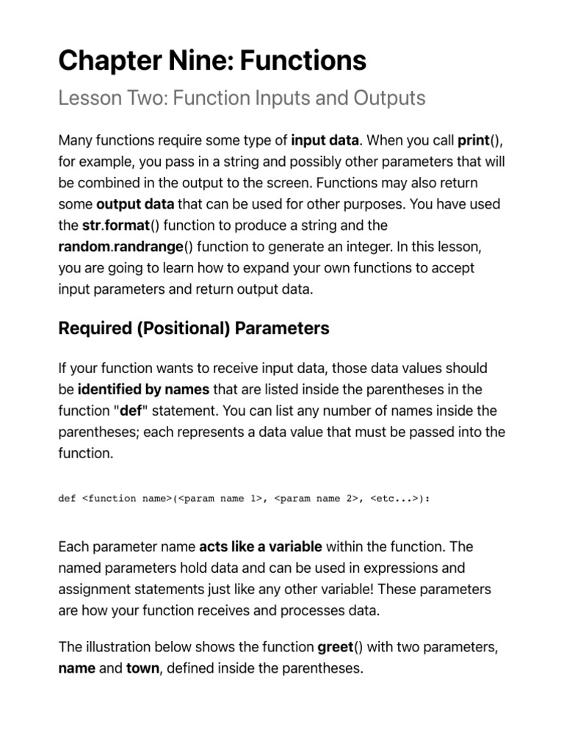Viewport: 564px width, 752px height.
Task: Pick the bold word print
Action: pos(474,140)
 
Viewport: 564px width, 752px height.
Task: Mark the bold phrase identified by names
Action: pos(143,389)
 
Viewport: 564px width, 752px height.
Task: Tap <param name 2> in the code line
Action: pos(317,499)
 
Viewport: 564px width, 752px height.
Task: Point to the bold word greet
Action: pos(335,647)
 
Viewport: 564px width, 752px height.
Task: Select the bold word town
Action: pos(142,668)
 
